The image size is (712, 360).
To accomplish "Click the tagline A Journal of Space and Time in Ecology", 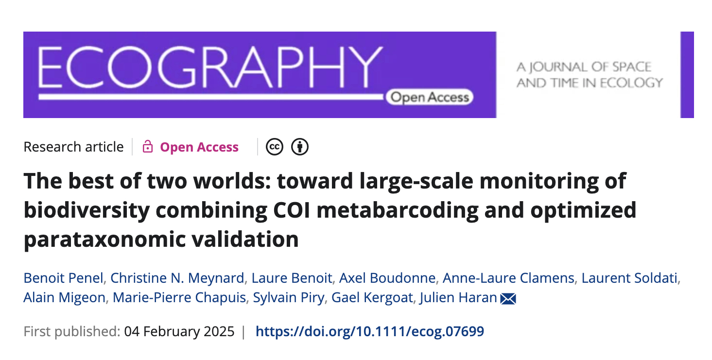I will click(590, 75).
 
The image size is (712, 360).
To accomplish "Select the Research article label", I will click(73, 147).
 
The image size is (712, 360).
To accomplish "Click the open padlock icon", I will click(148, 147).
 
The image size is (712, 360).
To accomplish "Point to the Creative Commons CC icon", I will click(275, 147).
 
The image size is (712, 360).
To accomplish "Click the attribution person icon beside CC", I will click(300, 147).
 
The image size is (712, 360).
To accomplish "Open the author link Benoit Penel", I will click(63, 278).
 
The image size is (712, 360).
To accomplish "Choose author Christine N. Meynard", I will click(177, 278).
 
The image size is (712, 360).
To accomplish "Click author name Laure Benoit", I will click(292, 278).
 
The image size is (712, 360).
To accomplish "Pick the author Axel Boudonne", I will click(387, 278).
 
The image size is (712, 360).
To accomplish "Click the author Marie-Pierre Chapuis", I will click(179, 297).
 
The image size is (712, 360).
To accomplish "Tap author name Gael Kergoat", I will click(372, 297).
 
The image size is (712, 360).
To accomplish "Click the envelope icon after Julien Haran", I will click(508, 298).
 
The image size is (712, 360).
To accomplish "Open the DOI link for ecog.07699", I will click(369, 332).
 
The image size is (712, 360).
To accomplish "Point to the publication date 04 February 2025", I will click(179, 332).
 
